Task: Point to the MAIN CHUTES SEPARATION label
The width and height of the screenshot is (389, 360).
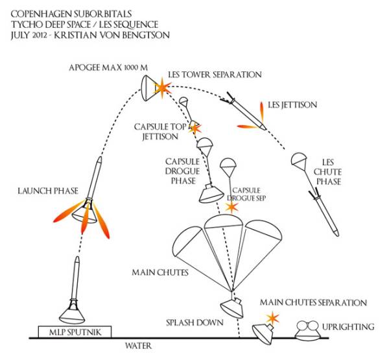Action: point(313,303)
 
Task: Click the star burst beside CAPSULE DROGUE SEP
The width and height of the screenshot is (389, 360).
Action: point(231,208)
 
